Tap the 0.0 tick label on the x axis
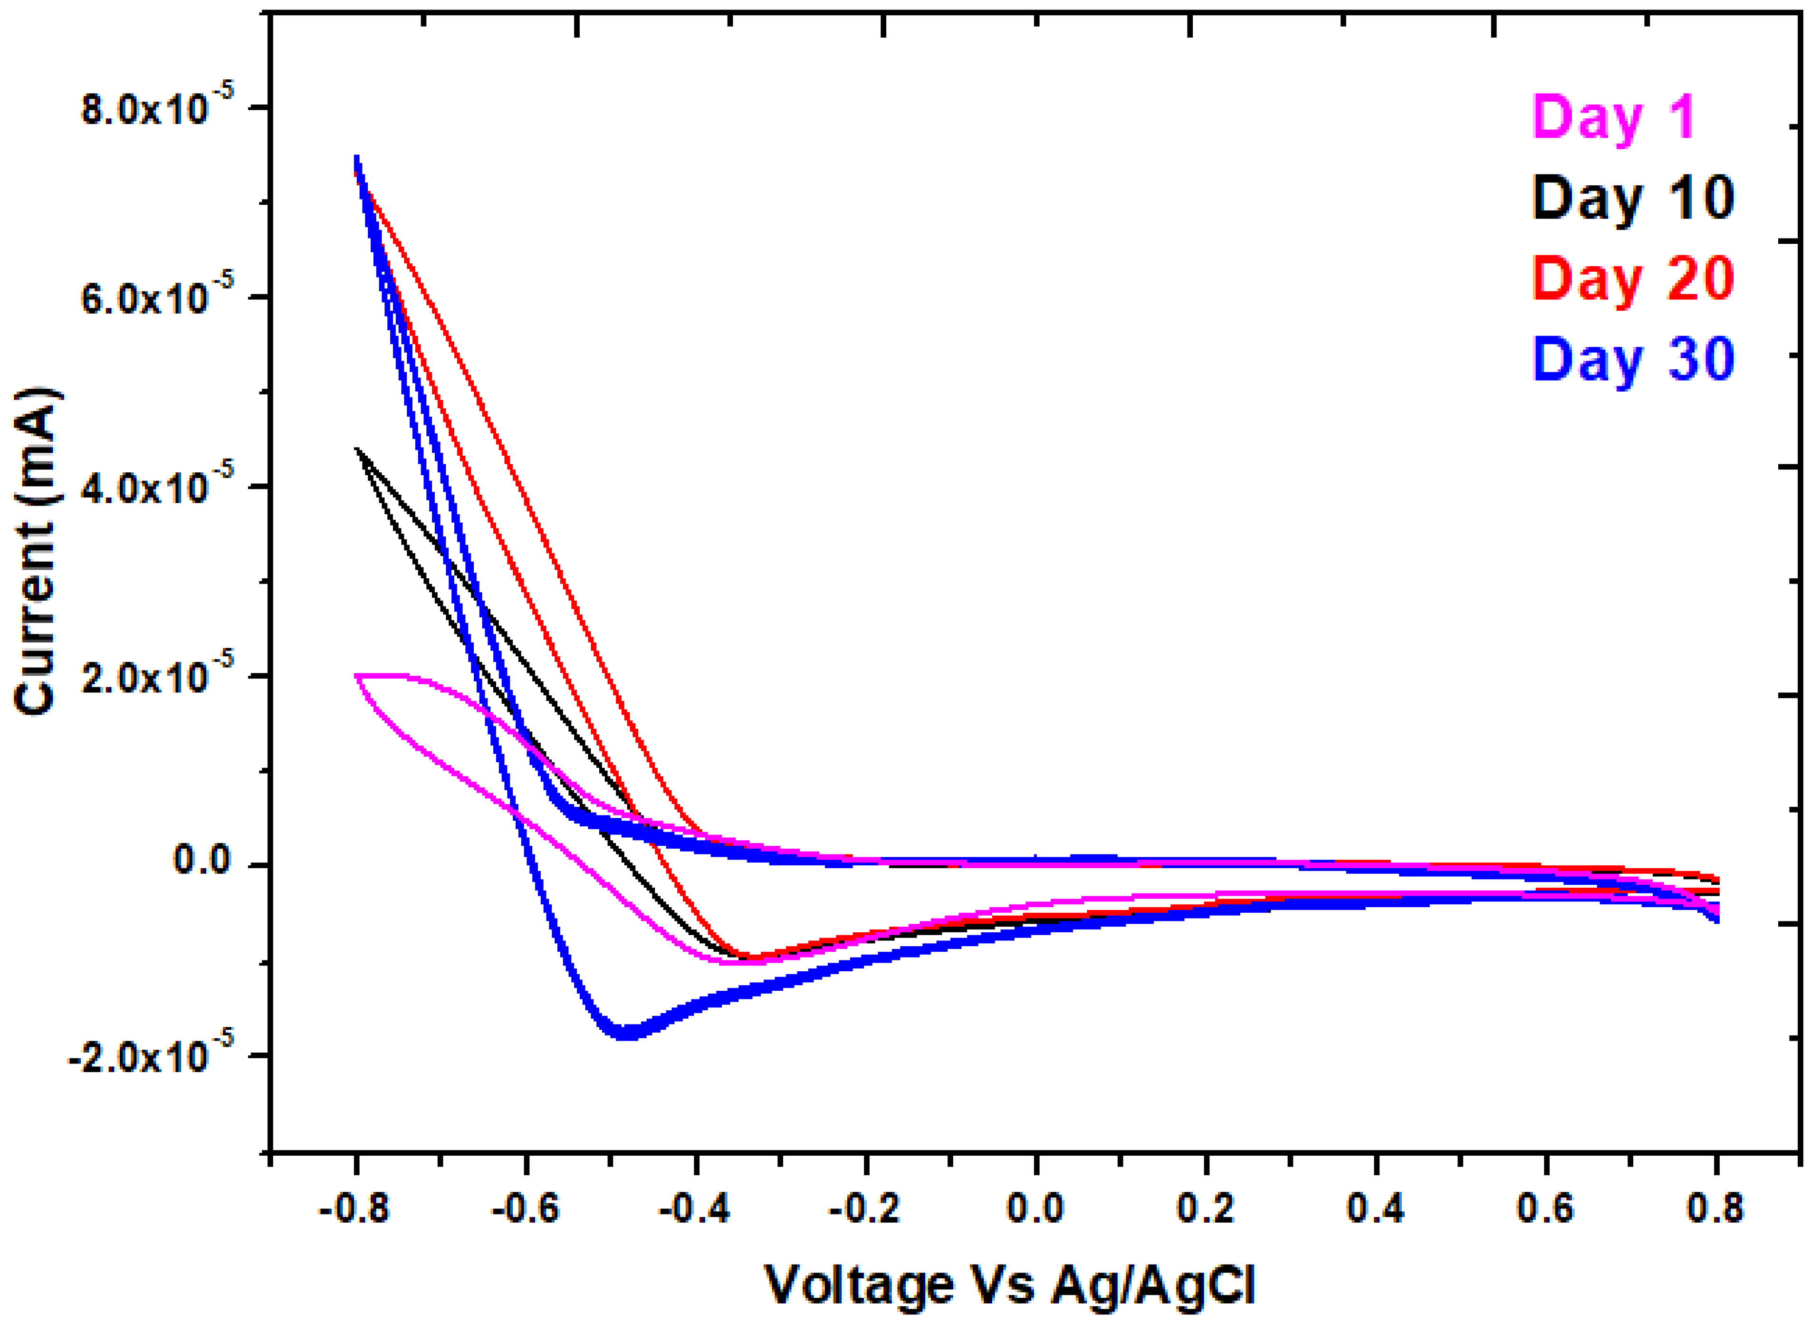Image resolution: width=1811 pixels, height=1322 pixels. (x=1035, y=1209)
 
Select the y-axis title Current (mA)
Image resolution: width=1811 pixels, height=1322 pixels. (x=36, y=552)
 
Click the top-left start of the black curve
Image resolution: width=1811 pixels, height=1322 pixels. (x=357, y=449)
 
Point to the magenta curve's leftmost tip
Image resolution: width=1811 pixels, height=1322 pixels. (x=356, y=676)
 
